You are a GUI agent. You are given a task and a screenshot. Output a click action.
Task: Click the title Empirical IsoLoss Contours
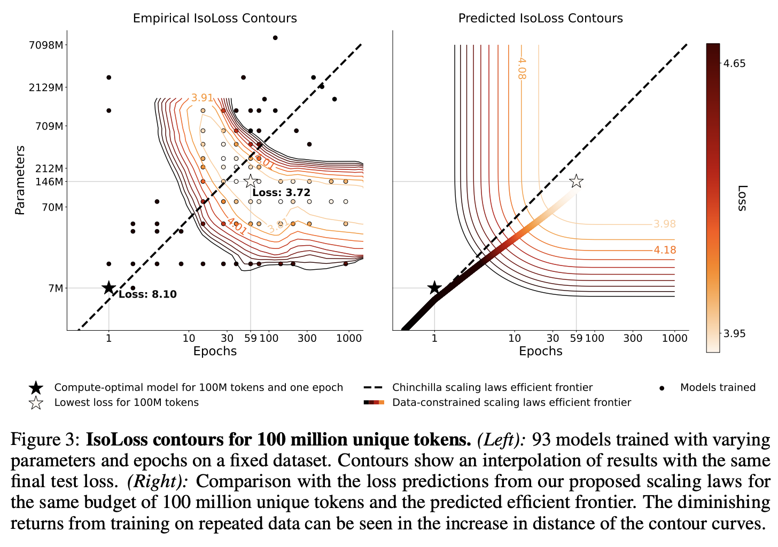(x=215, y=18)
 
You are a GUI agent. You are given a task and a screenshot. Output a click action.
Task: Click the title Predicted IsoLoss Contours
(x=540, y=18)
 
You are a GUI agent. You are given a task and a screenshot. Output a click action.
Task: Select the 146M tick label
(x=49, y=182)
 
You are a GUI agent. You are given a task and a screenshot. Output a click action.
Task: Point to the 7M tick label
(x=56, y=288)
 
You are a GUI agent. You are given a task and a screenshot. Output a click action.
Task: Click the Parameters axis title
(x=20, y=180)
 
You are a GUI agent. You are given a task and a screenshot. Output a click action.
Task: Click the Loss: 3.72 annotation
(x=281, y=193)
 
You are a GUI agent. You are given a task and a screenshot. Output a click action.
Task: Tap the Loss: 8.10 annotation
(x=147, y=294)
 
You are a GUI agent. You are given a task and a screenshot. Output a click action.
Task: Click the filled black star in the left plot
(x=109, y=288)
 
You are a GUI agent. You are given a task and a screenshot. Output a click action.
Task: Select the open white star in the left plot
(x=251, y=182)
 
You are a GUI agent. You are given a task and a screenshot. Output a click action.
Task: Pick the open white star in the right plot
(x=576, y=182)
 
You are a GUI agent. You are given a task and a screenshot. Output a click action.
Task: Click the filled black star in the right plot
(x=434, y=288)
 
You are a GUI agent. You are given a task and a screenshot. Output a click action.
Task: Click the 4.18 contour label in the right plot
(x=665, y=250)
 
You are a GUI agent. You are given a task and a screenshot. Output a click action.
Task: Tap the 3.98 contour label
(x=665, y=224)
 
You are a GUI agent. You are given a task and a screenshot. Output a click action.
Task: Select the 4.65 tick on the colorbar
(x=734, y=64)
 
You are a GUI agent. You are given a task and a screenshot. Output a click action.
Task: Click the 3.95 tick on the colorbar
(x=734, y=334)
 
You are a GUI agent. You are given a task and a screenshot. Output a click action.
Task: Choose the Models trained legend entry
(x=717, y=387)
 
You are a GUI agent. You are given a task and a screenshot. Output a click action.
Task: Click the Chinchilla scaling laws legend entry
(x=492, y=387)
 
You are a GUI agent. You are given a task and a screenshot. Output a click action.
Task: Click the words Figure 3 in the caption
(x=45, y=440)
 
